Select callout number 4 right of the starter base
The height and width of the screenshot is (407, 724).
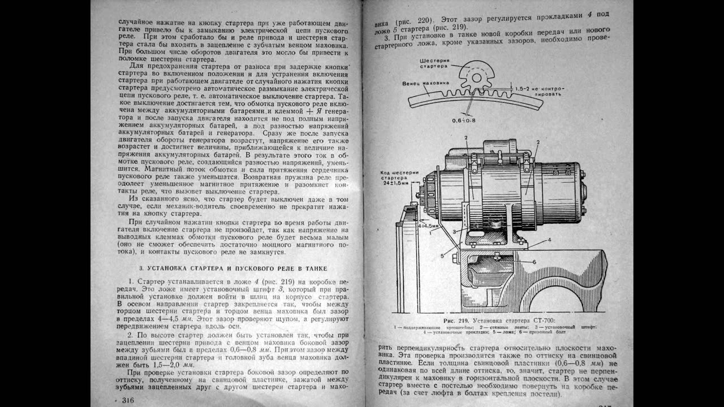pyautogui.click(x=549, y=240)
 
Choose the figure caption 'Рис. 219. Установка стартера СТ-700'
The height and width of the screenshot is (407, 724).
pyautogui.click(x=500, y=320)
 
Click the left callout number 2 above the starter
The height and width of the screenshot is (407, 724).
pyautogui.click(x=466, y=137)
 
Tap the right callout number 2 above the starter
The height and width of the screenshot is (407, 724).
pyautogui.click(x=538, y=142)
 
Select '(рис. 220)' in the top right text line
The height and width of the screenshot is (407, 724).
pyautogui.click(x=415, y=17)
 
